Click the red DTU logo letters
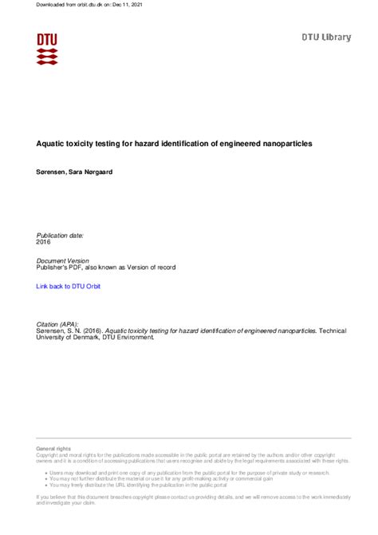47,38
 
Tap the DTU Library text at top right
325,38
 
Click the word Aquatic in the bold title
53,144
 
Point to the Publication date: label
60,236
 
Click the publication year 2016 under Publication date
45,242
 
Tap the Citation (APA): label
57,324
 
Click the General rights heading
54,450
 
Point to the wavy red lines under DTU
47,56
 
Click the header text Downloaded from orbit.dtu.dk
65,6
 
